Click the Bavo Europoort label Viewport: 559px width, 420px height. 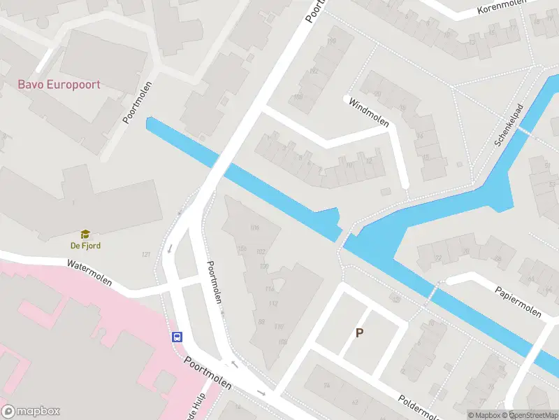59,85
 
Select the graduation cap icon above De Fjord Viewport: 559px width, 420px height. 85,234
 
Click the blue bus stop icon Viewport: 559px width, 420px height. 177,337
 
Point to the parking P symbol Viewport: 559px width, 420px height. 360,333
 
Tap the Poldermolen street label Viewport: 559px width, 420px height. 419,408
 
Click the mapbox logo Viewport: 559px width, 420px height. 31,412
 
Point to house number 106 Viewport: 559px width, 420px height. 254,227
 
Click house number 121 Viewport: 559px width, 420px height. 146,254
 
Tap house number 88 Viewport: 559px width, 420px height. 262,321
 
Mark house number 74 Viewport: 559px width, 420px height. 326,385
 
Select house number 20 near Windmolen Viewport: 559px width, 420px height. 377,93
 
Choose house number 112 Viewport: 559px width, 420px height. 273,304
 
